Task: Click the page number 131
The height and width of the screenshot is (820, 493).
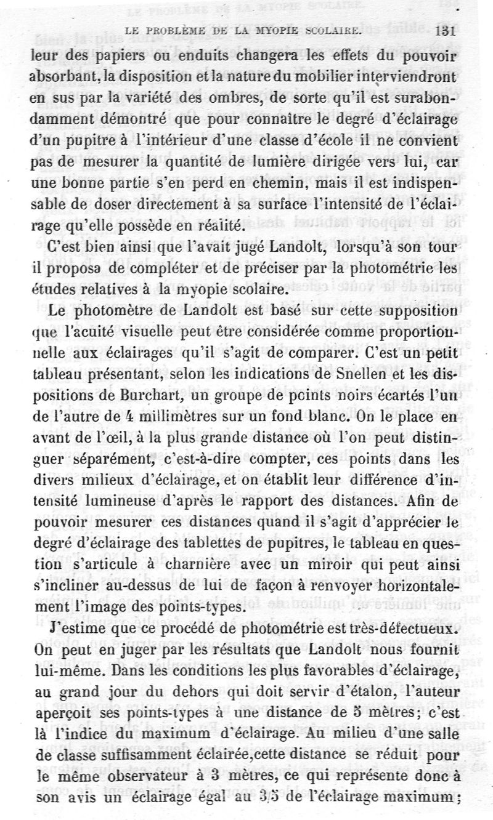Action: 444,31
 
